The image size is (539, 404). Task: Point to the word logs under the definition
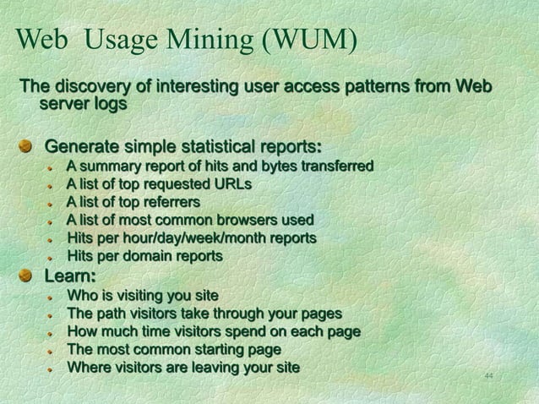click(110, 105)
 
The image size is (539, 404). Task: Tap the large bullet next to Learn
click(27, 276)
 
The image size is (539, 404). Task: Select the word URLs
click(232, 183)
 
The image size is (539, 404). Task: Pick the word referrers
click(171, 202)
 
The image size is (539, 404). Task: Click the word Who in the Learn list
click(82, 296)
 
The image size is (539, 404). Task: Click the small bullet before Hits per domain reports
click(51, 257)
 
